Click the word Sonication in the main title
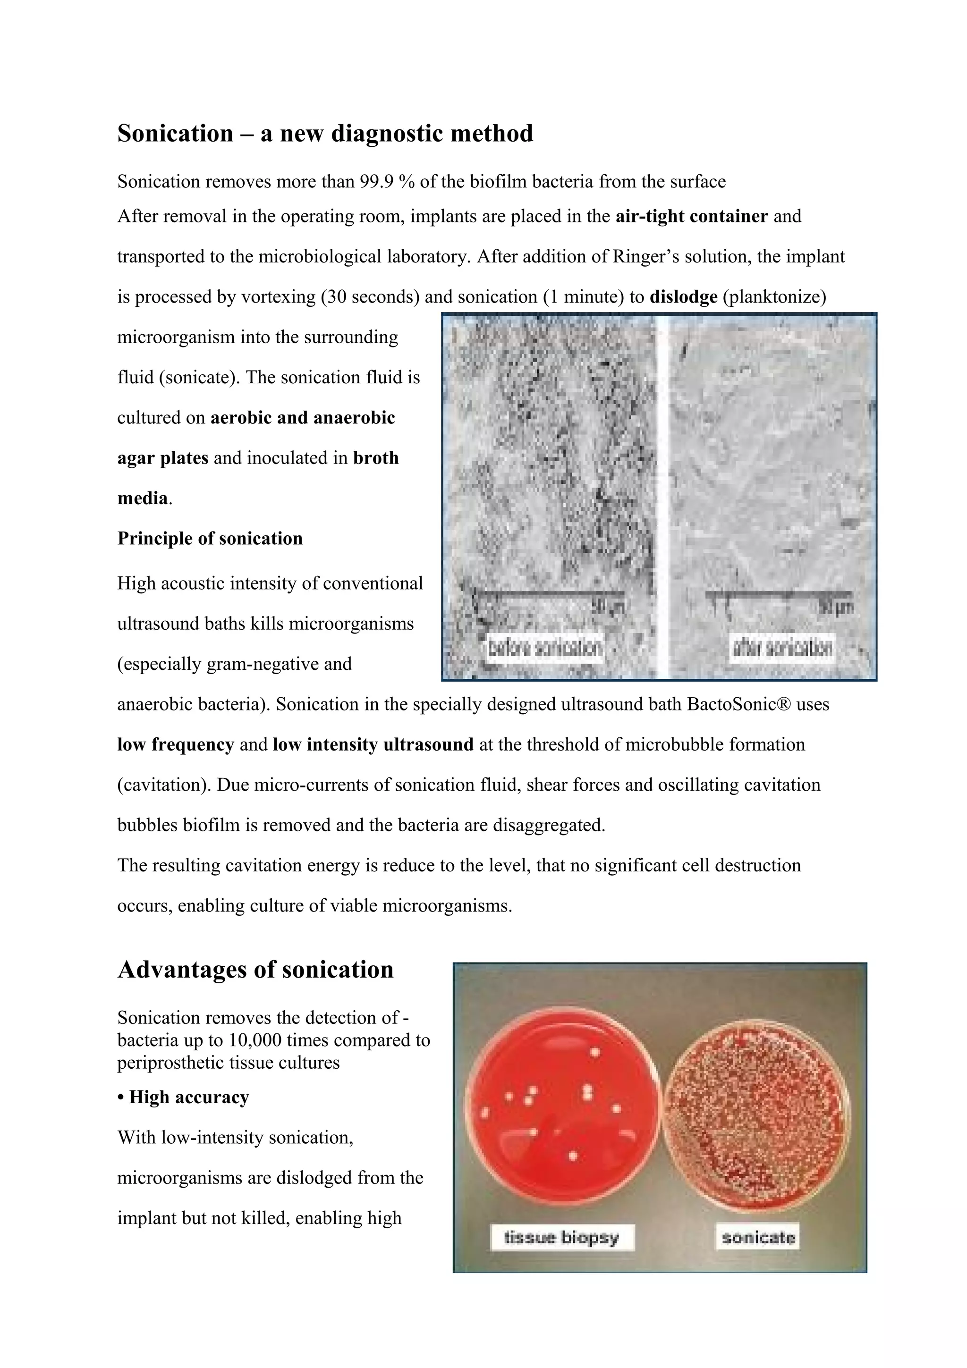pyautogui.click(x=175, y=134)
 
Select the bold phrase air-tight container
pyautogui.click(x=691, y=216)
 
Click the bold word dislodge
pyautogui.click(x=683, y=297)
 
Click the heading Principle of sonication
pyautogui.click(x=210, y=539)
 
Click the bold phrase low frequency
pyautogui.click(x=175, y=745)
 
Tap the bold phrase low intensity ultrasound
pyautogui.click(x=373, y=745)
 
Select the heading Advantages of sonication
pyautogui.click(x=255, y=970)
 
